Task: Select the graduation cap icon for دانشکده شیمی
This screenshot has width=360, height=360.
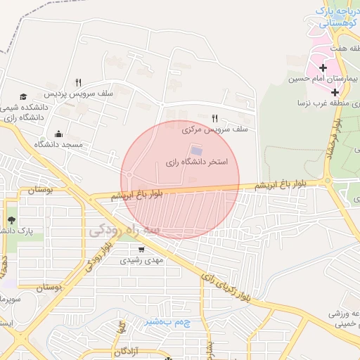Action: tap(24, 96)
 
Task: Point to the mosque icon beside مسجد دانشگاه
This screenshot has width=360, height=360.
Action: tap(58, 134)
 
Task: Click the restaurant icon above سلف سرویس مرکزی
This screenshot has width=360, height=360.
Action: tap(214, 118)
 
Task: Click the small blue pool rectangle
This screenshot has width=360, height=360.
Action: tap(196, 150)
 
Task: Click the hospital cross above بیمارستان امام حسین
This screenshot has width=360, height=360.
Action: tap(323, 68)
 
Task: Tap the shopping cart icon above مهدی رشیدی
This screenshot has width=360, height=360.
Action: tap(142, 249)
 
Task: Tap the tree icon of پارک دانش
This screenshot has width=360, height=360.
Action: tap(11, 221)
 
